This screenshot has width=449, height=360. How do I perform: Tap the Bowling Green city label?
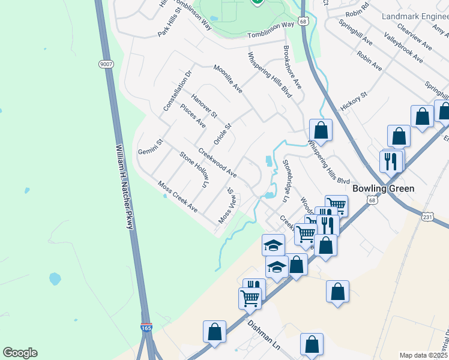point(383,188)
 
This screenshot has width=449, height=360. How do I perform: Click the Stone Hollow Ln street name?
point(193,169)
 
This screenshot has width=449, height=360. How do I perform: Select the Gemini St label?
point(151,146)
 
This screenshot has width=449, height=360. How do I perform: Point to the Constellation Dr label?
point(176,91)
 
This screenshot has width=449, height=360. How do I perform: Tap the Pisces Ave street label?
point(193,116)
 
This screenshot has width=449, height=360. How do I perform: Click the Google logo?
point(20,353)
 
